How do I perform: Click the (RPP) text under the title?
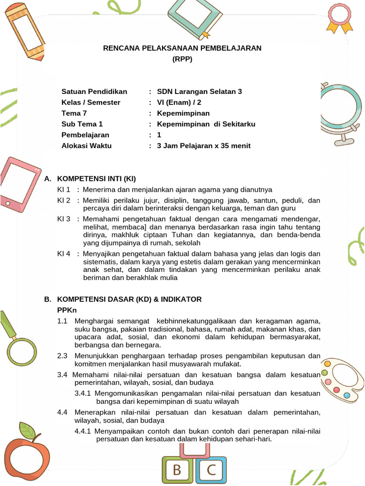182,59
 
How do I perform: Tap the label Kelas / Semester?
91,103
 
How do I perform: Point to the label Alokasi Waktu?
86,146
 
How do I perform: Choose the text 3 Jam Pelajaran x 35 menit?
203,146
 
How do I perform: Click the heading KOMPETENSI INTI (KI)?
96,178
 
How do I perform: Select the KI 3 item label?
64,219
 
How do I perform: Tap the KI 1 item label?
64,190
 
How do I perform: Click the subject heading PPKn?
67,310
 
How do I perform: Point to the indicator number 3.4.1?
83,393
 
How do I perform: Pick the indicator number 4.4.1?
83,431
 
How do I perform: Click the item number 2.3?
62,355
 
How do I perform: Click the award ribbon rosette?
339,17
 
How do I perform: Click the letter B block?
177,470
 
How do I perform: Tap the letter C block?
211,470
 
